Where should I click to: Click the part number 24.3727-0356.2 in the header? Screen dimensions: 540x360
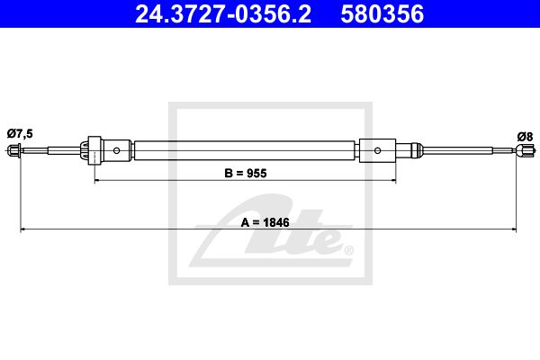(x=223, y=13)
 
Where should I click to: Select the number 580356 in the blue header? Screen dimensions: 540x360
(x=382, y=13)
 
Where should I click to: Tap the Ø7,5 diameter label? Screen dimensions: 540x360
(x=20, y=133)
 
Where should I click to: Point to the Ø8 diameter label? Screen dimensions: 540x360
(x=525, y=137)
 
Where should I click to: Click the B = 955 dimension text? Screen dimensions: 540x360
(x=246, y=173)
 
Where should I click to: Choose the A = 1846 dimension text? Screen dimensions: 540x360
(x=265, y=222)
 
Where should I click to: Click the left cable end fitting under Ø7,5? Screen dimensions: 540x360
(x=14, y=150)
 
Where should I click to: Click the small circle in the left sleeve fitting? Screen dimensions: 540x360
(x=116, y=150)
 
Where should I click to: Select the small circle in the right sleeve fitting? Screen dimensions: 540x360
(x=377, y=150)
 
